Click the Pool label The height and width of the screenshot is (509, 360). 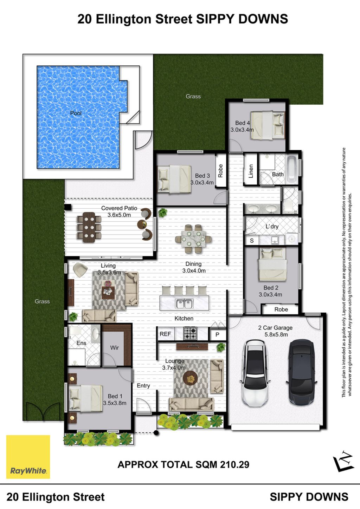pyautogui.click(x=76, y=113)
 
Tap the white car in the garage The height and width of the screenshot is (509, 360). pyautogui.click(x=256, y=373)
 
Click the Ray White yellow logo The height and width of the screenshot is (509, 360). pyautogui.click(x=28, y=457)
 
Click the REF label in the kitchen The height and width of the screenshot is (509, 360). pyautogui.click(x=165, y=334)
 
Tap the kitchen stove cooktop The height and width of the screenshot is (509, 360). pyautogui.click(x=190, y=333)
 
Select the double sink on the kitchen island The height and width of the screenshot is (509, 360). pyautogui.click(x=185, y=304)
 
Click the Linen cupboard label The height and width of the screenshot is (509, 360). pyautogui.click(x=251, y=171)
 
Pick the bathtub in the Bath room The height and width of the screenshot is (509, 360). pyautogui.click(x=292, y=169)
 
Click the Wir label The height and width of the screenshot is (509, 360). pyautogui.click(x=114, y=347)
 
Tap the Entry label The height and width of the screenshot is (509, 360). pyautogui.click(x=143, y=385)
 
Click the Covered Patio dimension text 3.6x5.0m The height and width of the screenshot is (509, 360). pyautogui.click(x=119, y=215)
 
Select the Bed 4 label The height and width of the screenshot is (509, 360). pyautogui.click(x=243, y=123)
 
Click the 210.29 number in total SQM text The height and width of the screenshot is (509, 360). pyautogui.click(x=234, y=464)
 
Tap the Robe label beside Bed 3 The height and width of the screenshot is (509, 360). pyautogui.click(x=220, y=171)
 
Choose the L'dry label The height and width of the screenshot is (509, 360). pyautogui.click(x=272, y=226)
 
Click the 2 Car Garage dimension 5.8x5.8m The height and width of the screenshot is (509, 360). pyautogui.click(x=276, y=334)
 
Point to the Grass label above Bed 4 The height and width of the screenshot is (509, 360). pyautogui.click(x=193, y=96)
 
